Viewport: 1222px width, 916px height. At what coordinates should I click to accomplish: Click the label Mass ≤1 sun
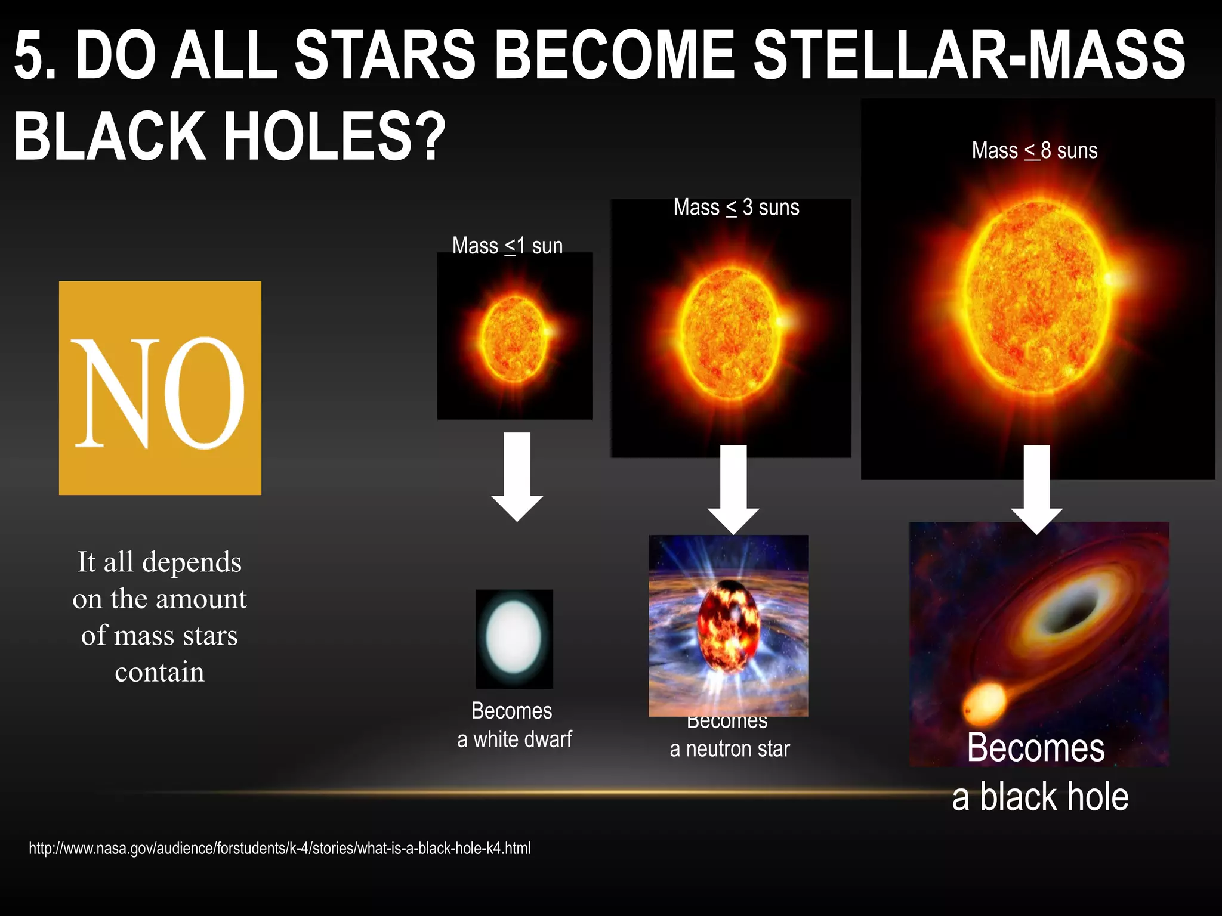(x=507, y=246)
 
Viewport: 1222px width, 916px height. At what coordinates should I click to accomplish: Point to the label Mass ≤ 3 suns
(x=736, y=208)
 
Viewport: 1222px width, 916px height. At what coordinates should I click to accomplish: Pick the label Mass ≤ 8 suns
(x=1034, y=150)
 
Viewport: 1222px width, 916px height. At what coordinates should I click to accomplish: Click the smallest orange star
(x=514, y=339)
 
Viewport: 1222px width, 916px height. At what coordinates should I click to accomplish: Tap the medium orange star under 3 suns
(x=730, y=334)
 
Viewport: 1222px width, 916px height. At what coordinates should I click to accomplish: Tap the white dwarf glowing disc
(x=513, y=637)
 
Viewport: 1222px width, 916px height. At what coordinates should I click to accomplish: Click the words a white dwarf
(x=514, y=739)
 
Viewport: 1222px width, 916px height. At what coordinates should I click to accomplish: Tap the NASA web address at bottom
(x=279, y=848)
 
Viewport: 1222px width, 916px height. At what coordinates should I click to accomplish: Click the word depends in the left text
(x=192, y=562)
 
